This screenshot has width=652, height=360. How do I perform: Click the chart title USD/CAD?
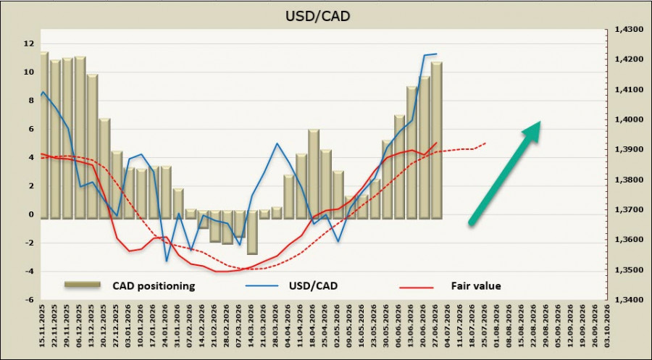(x=318, y=16)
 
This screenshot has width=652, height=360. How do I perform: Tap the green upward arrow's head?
(x=532, y=130)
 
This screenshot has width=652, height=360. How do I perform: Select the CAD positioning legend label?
(x=154, y=286)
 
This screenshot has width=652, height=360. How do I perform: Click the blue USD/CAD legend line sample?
(x=262, y=286)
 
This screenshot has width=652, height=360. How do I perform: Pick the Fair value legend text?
(x=476, y=286)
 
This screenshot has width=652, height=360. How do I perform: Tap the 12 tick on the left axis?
(x=29, y=43)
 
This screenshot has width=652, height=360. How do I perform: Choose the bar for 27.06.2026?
(x=437, y=141)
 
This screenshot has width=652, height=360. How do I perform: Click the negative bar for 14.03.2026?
(x=252, y=233)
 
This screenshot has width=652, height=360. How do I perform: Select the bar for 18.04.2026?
(x=314, y=174)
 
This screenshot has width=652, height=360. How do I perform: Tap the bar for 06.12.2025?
(x=80, y=138)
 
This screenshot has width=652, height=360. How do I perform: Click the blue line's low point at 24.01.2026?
(x=167, y=261)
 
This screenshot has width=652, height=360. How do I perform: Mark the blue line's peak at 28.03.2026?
(x=277, y=143)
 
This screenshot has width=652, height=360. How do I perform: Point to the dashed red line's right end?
(x=485, y=143)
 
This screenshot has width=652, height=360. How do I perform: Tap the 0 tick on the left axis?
(x=30, y=214)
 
